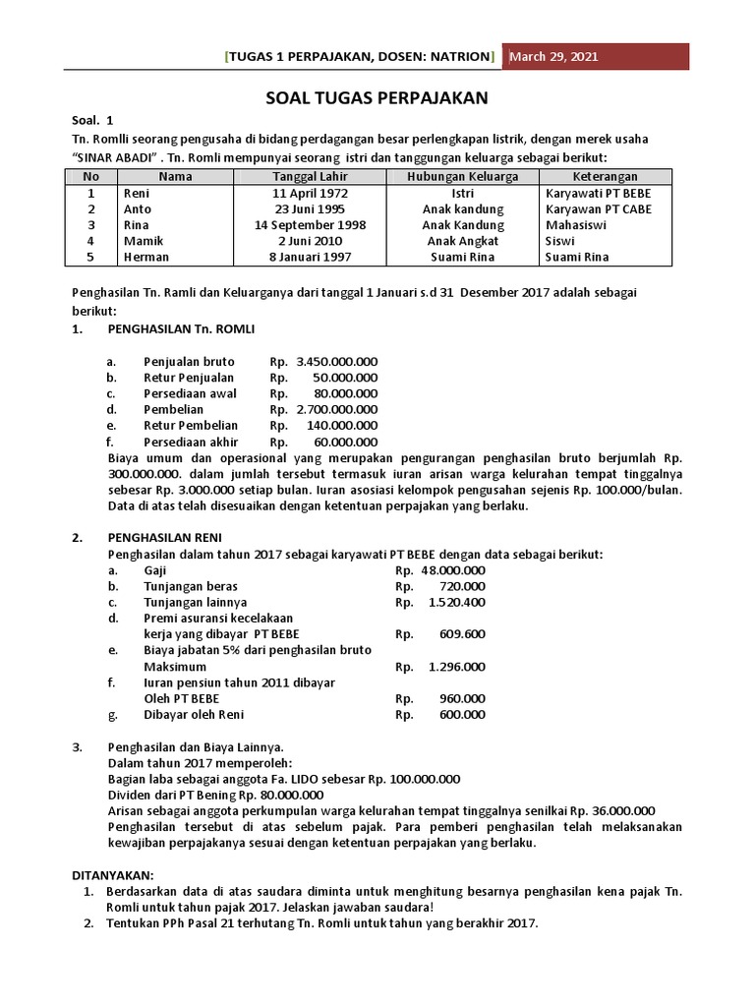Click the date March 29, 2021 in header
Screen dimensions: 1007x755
coord(552,56)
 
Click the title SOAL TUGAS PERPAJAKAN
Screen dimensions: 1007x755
coord(377,98)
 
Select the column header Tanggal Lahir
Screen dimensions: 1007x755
coord(311,176)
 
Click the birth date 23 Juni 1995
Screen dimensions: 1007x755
coord(311,208)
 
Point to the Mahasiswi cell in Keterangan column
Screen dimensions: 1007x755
coord(577,225)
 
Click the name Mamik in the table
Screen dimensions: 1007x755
coord(140,241)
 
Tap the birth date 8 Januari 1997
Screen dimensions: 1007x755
coord(311,257)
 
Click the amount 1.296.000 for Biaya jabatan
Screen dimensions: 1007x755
coord(457,666)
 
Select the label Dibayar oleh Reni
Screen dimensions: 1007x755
coord(193,714)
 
